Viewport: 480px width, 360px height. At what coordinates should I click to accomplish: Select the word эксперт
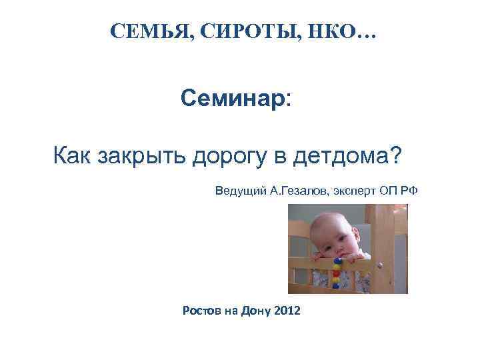[x=354, y=191]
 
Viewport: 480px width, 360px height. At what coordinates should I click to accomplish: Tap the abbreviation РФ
[x=409, y=191]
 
